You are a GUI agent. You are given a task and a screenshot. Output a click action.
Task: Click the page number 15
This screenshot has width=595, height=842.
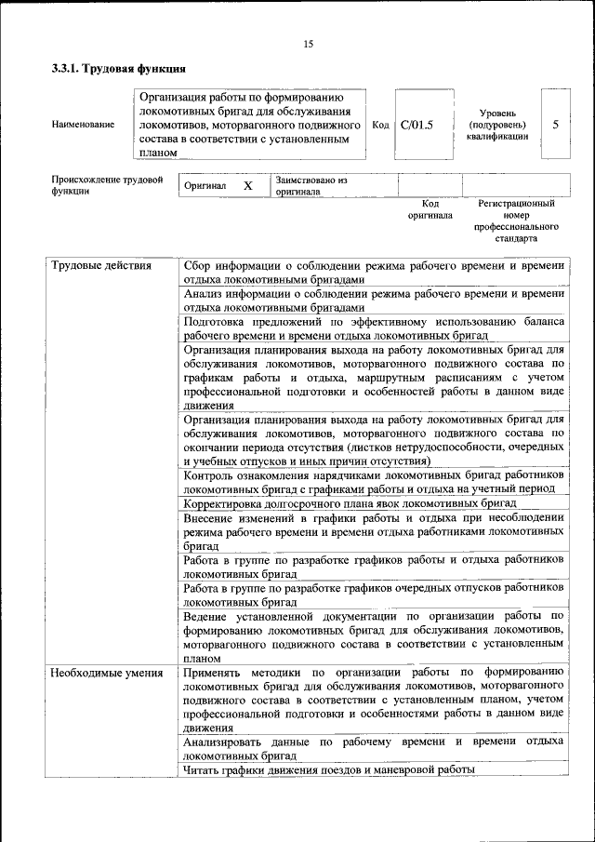click(x=308, y=44)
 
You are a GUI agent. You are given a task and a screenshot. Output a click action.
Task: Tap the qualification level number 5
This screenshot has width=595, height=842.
click(x=556, y=124)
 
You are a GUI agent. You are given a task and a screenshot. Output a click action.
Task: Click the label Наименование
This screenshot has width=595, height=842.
click(x=84, y=124)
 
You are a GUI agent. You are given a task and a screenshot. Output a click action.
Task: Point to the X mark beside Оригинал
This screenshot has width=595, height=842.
click(x=248, y=185)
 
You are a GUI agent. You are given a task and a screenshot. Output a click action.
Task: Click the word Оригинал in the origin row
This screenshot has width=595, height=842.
click(x=205, y=185)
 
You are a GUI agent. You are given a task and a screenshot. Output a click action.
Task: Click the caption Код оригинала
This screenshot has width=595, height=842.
click(x=430, y=208)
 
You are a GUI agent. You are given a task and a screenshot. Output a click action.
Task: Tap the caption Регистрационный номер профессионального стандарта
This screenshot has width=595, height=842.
click(x=516, y=221)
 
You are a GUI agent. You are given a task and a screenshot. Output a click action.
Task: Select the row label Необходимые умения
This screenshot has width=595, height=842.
click(x=107, y=672)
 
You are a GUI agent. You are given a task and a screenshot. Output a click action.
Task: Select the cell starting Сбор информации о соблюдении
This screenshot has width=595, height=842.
click(x=374, y=273)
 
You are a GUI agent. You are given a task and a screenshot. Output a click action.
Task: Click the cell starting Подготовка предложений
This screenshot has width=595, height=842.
click(x=374, y=327)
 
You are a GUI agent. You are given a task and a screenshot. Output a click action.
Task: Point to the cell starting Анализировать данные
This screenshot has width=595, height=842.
click(x=374, y=748)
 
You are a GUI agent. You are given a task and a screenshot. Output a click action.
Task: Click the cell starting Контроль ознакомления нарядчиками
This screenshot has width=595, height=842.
click(x=374, y=481)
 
